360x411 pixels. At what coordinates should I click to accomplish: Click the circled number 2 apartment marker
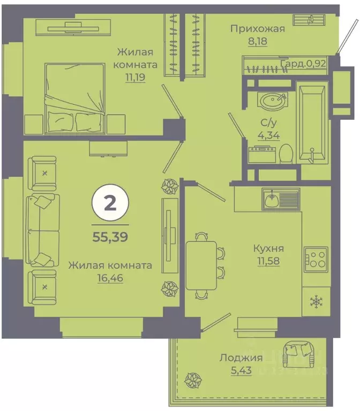(x=110, y=203)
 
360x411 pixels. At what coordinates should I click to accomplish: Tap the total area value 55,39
(x=110, y=237)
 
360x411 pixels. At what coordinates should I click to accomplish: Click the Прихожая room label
(x=258, y=29)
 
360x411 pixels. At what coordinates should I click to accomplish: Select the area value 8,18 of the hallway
(x=257, y=41)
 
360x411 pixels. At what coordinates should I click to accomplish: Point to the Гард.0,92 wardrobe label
(x=304, y=64)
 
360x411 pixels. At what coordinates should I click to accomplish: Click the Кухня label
(x=269, y=248)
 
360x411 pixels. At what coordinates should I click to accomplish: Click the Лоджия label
(x=242, y=358)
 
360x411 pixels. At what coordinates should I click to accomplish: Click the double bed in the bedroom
(x=74, y=96)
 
